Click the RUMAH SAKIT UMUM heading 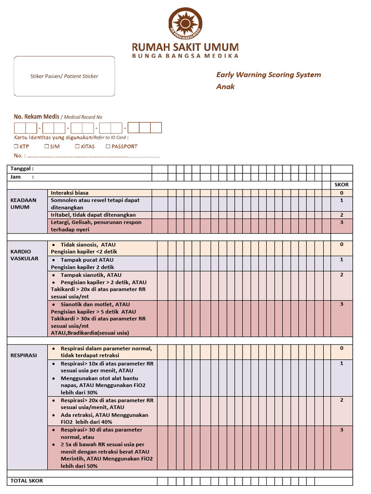[185, 47]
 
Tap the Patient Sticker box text [64, 76]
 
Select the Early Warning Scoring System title [268, 75]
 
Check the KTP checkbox [16, 147]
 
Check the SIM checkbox [46, 147]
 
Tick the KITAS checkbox [77, 147]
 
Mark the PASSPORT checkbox [108, 147]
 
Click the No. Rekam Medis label [37, 117]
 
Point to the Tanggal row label [22, 169]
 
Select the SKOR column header [342, 185]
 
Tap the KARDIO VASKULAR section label [25, 255]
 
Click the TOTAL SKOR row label [27, 481]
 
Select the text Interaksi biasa [70, 192]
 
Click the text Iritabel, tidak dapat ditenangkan [93, 215]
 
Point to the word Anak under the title [225, 87]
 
